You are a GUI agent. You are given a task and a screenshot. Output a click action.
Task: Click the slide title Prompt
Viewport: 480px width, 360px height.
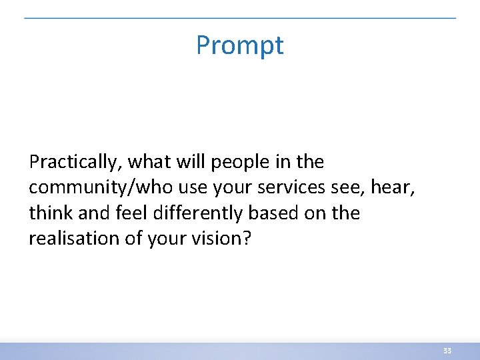[240, 45]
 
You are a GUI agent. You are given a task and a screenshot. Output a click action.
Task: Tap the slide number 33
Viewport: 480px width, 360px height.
[447, 351]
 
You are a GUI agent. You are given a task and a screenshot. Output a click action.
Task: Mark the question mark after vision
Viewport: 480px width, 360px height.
[247, 239]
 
